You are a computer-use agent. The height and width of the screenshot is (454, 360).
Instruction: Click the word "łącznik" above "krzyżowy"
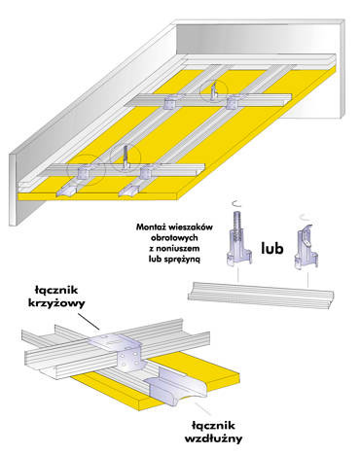pyautogui.click(x=57, y=290)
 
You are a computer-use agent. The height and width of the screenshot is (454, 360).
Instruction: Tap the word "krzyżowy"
pyautogui.click(x=57, y=303)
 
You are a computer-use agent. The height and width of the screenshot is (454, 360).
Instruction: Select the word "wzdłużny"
pyautogui.click(x=213, y=439)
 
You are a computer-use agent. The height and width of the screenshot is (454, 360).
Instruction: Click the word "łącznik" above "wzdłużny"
pyautogui.click(x=213, y=425)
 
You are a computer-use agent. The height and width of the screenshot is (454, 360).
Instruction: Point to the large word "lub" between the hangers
pyautogui.click(x=272, y=248)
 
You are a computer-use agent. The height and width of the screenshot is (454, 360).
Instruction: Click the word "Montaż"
pyautogui.click(x=150, y=227)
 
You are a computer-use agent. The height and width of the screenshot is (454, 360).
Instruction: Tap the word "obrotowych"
pyautogui.click(x=174, y=237)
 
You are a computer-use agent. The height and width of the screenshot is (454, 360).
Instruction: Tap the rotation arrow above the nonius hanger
pyautogui.click(x=238, y=203)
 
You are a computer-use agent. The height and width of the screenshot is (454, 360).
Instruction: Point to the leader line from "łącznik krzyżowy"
pyautogui.click(x=90, y=321)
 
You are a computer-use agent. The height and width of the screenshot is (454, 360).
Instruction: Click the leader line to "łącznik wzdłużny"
pyautogui.click(x=203, y=409)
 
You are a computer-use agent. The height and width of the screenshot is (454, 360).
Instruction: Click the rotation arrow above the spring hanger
pyautogui.click(x=306, y=216)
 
